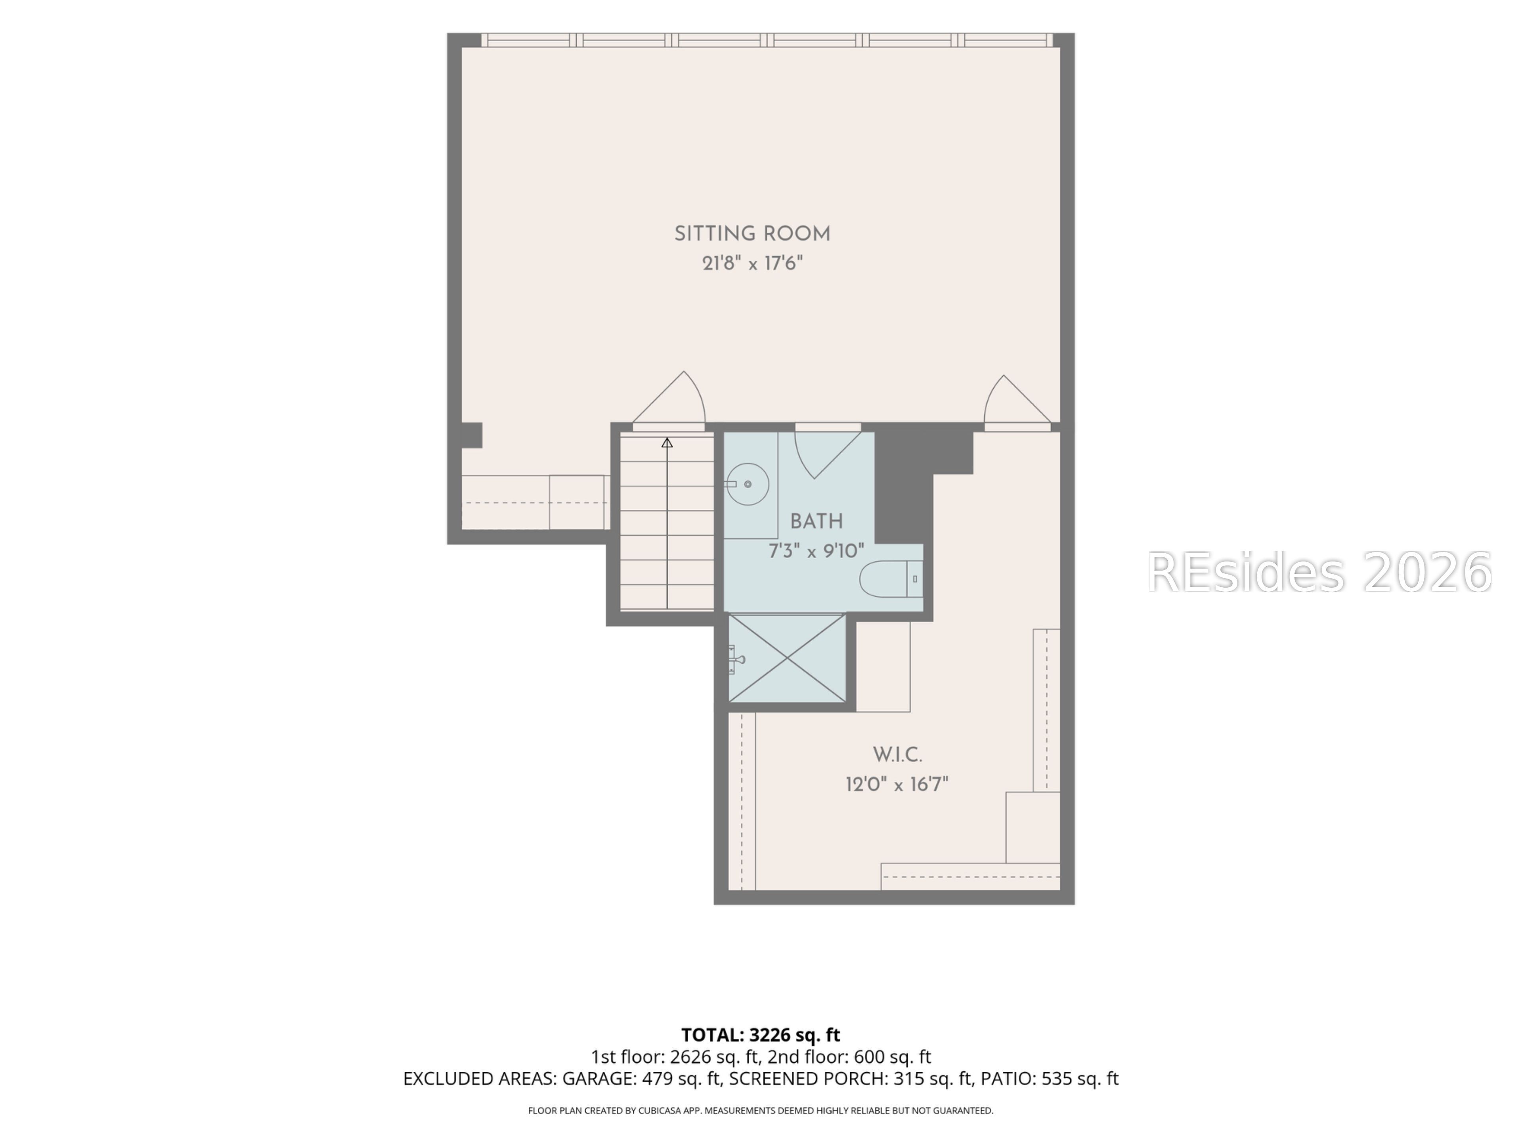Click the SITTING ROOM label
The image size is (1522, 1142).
[x=752, y=234]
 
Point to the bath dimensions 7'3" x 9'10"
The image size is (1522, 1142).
[x=816, y=551]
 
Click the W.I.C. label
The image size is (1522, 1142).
[x=897, y=755]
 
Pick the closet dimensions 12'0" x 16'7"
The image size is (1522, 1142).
[x=897, y=784]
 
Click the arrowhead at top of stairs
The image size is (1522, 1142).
[x=667, y=443]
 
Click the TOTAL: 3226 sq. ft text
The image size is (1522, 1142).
[x=760, y=1035]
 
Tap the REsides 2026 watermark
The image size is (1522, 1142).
[x=1319, y=573]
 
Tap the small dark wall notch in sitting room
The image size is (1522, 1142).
[x=471, y=435]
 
